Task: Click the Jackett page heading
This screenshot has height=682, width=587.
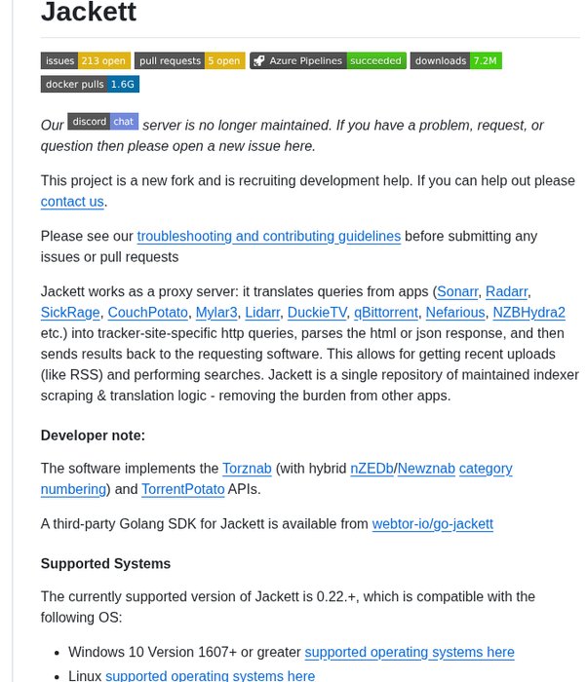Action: [89, 14]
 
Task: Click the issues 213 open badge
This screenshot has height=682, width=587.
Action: [85, 60]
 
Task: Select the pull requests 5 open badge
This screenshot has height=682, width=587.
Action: [189, 60]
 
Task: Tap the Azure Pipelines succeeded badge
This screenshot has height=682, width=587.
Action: [328, 60]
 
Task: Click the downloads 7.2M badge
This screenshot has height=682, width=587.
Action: [455, 60]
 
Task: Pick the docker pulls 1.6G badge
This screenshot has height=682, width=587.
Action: [90, 84]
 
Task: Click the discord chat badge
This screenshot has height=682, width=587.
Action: [102, 122]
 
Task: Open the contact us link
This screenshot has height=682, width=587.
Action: [72, 202]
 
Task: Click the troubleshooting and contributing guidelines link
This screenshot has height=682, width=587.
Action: [268, 236]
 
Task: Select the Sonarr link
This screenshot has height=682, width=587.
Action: [457, 291]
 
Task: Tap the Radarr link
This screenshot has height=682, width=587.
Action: [507, 291]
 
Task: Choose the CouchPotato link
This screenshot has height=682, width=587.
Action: [147, 313]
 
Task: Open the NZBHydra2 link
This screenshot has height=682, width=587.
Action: [528, 313]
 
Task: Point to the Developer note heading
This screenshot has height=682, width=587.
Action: [93, 436]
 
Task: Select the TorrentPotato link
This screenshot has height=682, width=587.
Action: [182, 489]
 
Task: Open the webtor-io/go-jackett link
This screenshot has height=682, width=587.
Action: [432, 524]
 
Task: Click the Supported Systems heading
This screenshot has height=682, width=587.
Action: [105, 564]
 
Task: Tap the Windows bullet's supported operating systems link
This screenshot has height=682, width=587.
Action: [409, 653]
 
